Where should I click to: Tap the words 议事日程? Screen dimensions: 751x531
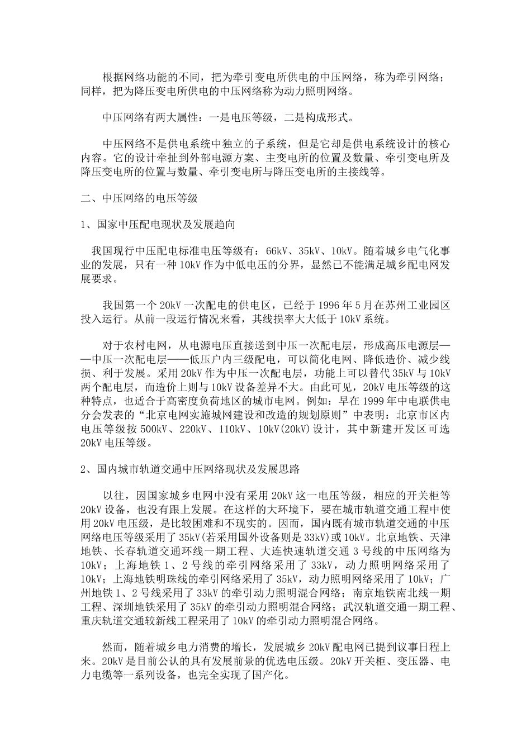point(412,648)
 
